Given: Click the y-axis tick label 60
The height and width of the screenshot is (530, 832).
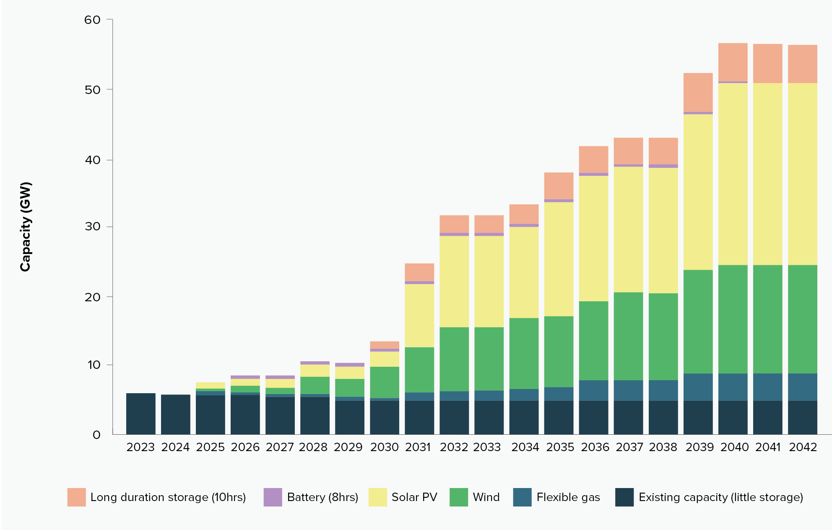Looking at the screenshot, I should coord(92,20).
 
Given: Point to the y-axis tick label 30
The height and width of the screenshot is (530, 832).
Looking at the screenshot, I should coord(92,227).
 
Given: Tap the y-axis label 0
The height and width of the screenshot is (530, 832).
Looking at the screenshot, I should coord(96,435).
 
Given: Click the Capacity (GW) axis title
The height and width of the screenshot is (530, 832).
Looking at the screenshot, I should coord(26,227).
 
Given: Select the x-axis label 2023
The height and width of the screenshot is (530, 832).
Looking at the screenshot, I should coord(140,447).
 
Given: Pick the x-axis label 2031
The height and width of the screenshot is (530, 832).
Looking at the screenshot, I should coord(418,447).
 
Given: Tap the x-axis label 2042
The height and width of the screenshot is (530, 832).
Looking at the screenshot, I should coord(803,447).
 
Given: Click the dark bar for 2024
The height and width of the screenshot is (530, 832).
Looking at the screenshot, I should coord(175,414).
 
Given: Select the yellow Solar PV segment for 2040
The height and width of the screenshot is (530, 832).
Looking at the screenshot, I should coord(733,174).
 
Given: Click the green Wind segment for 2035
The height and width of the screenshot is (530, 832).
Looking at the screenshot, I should coord(559,351).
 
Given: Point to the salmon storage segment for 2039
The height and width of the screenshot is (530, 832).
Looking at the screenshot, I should coord(698,92).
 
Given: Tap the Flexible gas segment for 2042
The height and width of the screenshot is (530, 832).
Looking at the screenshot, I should coord(802,387).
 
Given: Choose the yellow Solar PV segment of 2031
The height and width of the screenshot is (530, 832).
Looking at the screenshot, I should coord(419,316).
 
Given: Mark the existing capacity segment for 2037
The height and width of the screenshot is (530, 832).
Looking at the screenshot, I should coord(628,418).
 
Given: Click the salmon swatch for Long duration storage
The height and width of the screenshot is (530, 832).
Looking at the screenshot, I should coord(76,497).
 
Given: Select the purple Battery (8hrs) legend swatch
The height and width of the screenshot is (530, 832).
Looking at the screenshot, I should coord(273,497).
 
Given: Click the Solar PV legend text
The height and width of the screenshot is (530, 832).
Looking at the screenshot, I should coord(414,497).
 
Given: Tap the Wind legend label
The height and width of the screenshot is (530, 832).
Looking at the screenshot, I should coord(486,497).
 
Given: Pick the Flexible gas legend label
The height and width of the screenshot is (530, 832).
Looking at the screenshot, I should coord(568,497).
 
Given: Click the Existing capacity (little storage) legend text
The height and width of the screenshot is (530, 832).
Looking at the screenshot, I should coord(720,497).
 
